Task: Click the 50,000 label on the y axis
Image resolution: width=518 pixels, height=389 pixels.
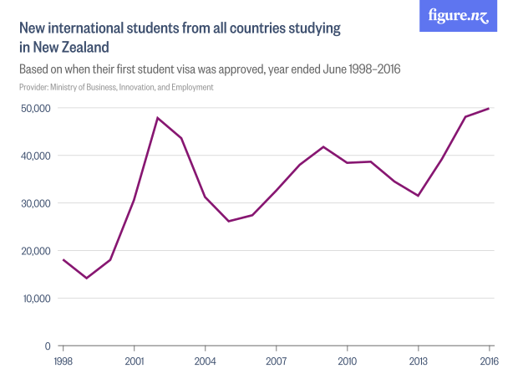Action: (35, 108)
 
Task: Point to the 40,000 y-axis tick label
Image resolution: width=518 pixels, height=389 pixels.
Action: (35, 156)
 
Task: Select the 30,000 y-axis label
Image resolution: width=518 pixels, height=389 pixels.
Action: (35, 203)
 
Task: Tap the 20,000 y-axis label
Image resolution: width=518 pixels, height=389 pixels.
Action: (35, 251)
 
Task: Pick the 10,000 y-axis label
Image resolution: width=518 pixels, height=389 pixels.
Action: (35, 299)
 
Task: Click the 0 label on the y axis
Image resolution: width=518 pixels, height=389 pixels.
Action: (47, 345)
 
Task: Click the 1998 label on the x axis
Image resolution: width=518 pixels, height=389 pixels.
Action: (63, 361)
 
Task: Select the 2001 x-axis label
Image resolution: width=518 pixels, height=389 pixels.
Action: (134, 361)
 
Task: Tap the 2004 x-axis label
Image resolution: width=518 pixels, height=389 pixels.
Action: (205, 361)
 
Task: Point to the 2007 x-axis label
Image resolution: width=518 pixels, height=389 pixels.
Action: (276, 361)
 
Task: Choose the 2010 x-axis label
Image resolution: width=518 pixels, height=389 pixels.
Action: (347, 361)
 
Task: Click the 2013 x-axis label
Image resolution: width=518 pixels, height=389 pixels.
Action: (418, 361)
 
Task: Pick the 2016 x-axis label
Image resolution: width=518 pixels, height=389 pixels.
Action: (489, 361)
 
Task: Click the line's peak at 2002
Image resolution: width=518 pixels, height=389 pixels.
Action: (157, 118)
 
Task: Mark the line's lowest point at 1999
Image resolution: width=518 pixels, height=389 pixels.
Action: (86, 278)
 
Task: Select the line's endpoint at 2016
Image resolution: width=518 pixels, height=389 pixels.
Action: (489, 109)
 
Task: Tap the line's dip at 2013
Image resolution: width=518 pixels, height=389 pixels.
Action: (418, 196)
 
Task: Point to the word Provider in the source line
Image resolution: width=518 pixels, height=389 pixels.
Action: (34, 87)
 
